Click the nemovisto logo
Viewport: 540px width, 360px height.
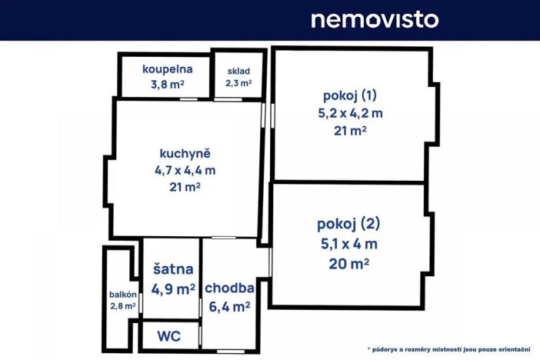click(x=374, y=19)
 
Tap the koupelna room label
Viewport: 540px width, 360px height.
click(x=167, y=69)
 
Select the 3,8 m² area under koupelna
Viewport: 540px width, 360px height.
click(x=167, y=84)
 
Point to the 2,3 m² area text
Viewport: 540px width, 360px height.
click(x=238, y=83)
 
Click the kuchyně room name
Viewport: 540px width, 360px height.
click(x=185, y=152)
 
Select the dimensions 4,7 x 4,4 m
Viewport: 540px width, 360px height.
click(x=185, y=170)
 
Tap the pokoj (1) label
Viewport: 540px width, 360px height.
click(x=350, y=95)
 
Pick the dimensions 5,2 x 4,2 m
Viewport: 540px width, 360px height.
click(x=350, y=113)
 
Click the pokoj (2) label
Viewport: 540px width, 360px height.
click(x=348, y=225)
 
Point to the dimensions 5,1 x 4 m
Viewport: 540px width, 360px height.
click(x=348, y=245)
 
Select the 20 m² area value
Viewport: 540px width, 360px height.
click(x=348, y=263)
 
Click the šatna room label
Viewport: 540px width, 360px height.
click(x=172, y=269)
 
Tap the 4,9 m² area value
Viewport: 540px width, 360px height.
click(x=172, y=289)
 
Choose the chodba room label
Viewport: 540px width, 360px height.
click(x=229, y=288)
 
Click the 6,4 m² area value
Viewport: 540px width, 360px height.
click(x=229, y=307)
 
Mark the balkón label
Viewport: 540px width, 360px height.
click(x=123, y=295)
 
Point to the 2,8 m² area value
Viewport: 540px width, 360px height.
click(x=123, y=306)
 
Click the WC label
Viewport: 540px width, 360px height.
click(x=168, y=336)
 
